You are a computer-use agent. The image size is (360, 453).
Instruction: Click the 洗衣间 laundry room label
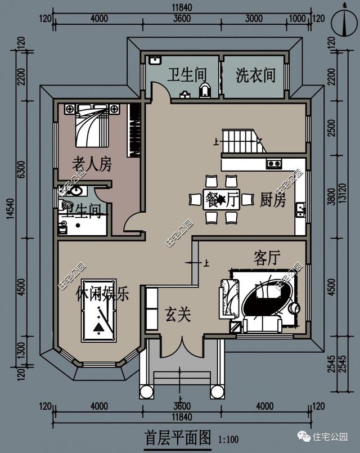tap(256, 75)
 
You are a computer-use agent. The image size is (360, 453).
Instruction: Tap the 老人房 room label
tap(92, 164)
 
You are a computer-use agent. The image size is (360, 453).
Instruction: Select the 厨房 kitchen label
tap(273, 200)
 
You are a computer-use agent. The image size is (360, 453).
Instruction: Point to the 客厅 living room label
tap(267, 258)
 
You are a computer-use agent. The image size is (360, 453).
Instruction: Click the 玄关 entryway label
tap(178, 314)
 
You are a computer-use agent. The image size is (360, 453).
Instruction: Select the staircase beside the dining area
tap(242, 141)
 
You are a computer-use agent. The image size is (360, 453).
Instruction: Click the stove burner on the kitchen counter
tap(274, 164)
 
